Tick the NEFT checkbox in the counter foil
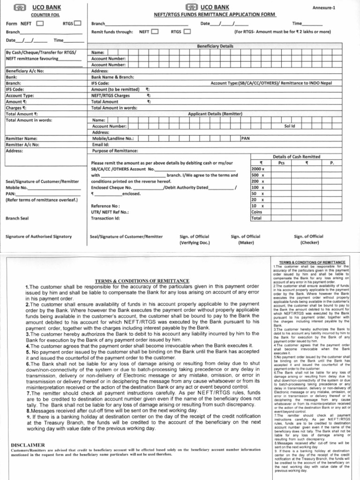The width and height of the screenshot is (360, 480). [40, 23]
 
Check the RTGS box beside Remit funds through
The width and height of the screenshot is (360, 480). [187, 32]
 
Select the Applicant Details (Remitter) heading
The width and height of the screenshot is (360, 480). [215, 114]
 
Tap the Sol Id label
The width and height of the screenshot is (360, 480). [289, 126]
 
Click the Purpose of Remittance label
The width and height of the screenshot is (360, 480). [115, 151]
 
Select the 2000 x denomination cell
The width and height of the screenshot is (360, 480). [258, 169]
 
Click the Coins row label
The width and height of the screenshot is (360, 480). [257, 212]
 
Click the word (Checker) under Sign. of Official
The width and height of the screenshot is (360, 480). [308, 243]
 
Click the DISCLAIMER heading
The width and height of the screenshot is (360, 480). [28, 444]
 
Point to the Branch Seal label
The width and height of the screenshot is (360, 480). [17, 218]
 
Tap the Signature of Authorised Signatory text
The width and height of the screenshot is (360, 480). [38, 237]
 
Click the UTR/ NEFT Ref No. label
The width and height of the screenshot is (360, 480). [110, 212]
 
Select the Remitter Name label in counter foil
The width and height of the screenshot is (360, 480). [22, 139]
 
